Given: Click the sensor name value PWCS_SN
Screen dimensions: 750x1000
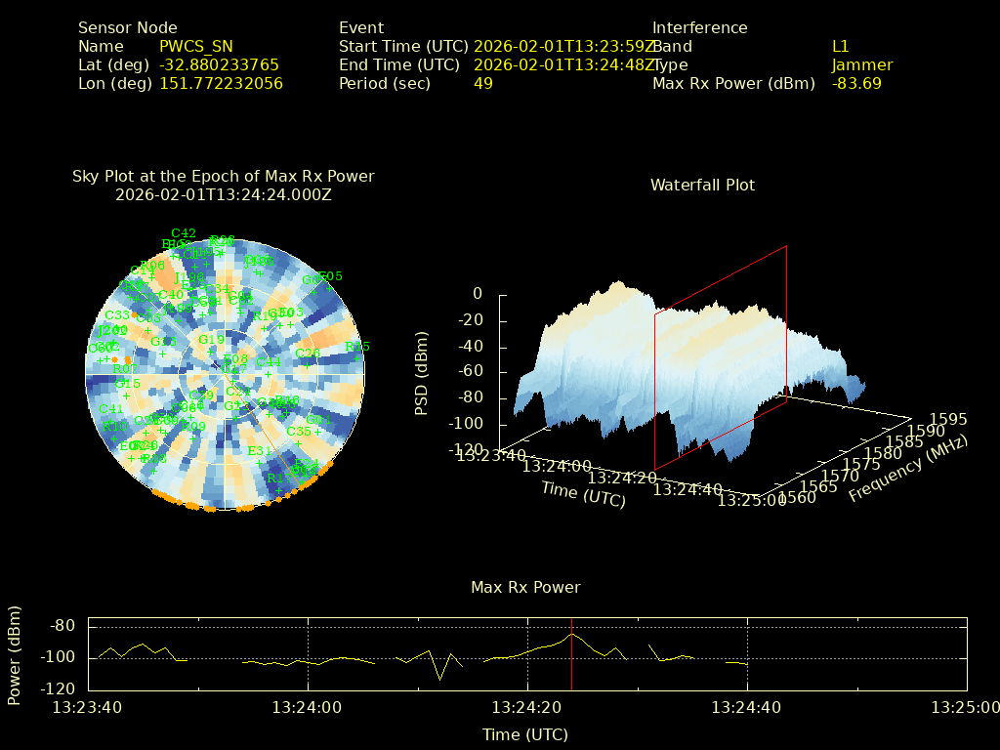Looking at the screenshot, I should [196, 46].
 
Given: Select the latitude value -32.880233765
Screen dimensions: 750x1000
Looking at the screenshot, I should [219, 64].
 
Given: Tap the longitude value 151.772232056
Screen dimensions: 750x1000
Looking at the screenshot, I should [221, 83].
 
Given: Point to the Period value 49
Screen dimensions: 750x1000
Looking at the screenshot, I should [483, 83].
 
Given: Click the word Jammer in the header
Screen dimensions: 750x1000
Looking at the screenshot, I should [862, 64].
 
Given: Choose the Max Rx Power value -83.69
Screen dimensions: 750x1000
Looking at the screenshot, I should [856, 83].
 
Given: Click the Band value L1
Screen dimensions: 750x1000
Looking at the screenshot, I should [841, 46].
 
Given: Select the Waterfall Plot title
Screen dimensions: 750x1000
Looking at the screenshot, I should [702, 185].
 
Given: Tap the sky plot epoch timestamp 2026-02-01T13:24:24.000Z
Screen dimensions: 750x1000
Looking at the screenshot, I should [224, 194].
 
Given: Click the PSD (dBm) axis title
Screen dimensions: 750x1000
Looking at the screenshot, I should [422, 372].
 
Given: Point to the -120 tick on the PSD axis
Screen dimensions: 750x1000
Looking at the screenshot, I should [464, 449].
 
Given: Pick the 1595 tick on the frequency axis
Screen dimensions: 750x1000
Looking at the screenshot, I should [949, 419].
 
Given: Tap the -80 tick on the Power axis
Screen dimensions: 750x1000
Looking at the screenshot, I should [62, 625].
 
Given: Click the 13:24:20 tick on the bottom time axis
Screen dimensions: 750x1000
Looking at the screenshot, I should [527, 706].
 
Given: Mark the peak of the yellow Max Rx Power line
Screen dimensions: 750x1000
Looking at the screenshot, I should [571, 635].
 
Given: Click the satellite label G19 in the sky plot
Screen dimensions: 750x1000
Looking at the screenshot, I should [211, 340].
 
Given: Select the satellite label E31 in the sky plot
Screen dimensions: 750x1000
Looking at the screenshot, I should [260, 450].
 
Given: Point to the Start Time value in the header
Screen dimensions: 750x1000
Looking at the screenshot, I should [563, 46].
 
